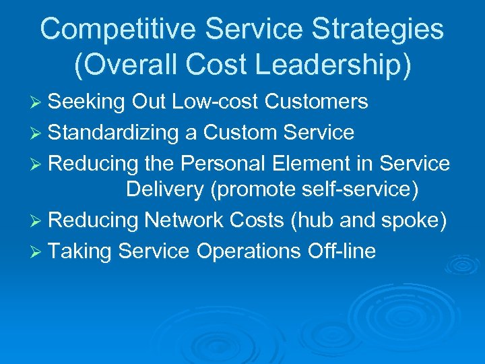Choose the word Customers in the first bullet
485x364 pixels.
coord(317,102)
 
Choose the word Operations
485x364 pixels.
coord(247,251)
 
